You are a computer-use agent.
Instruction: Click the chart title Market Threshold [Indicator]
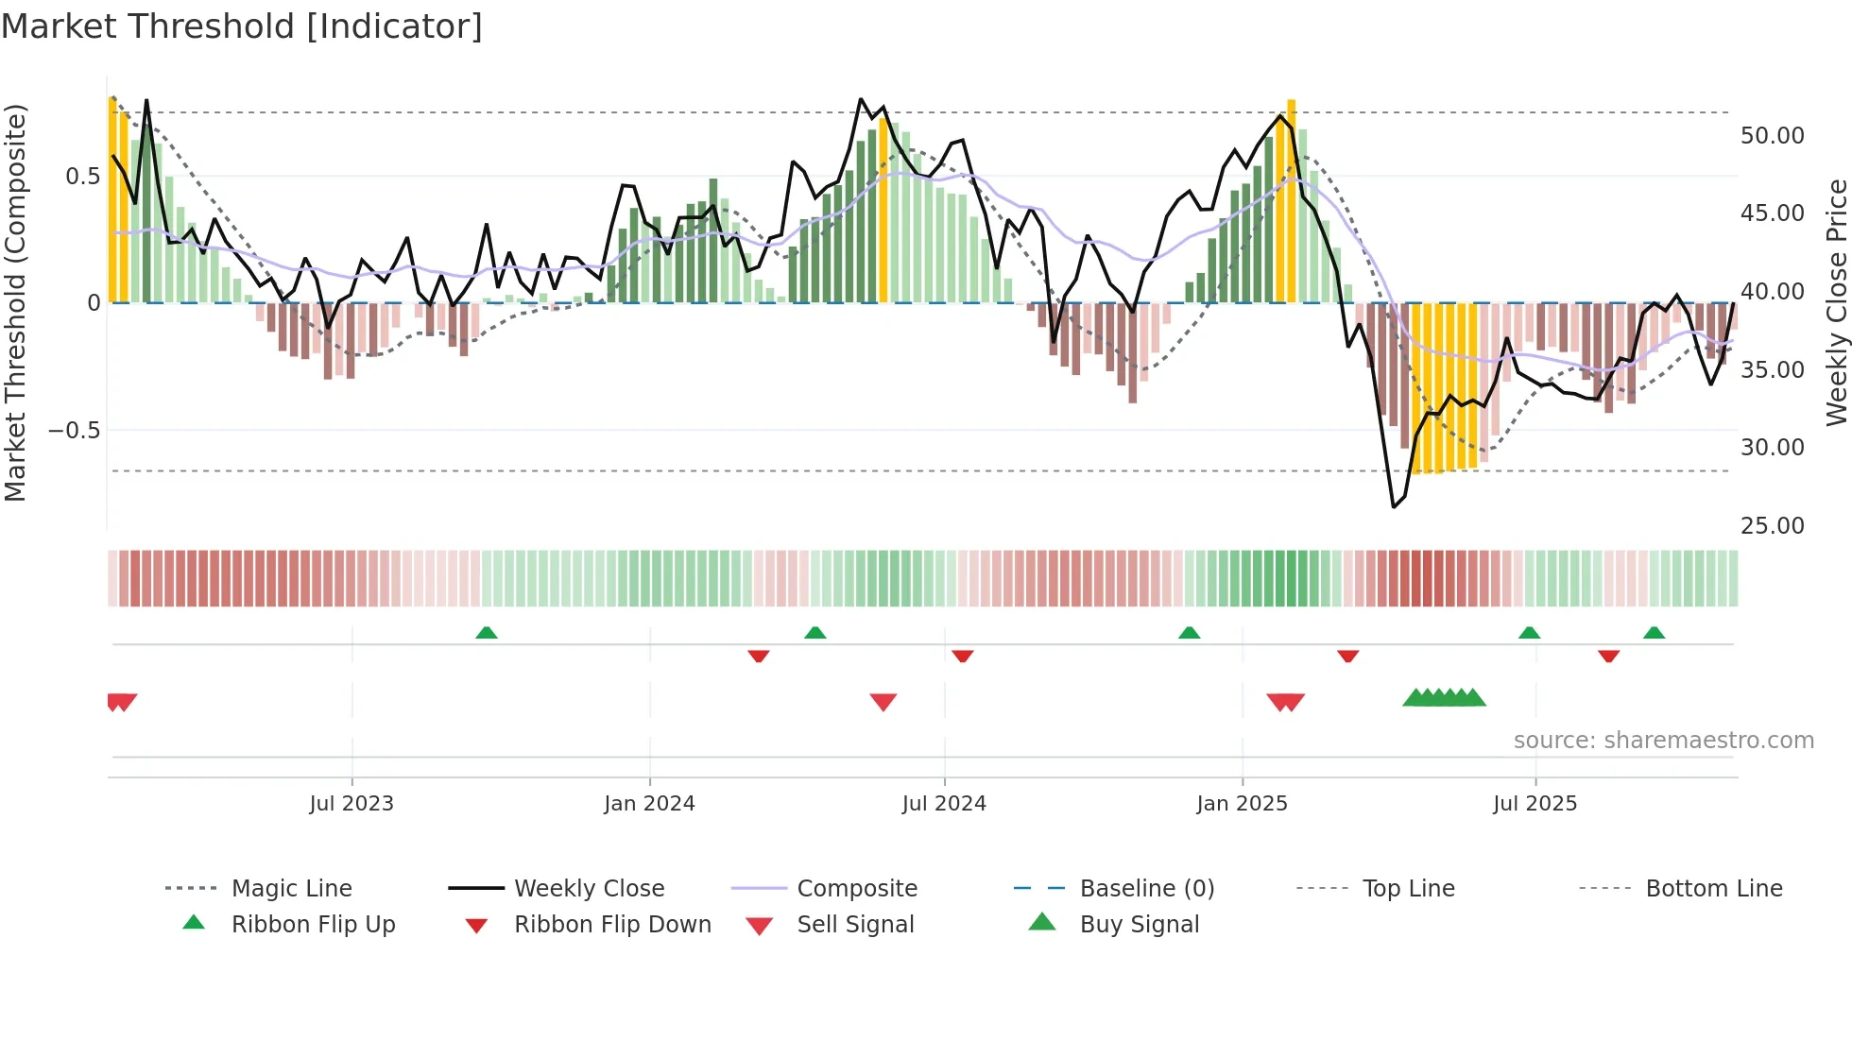point(242,26)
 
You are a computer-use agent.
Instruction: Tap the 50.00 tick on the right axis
point(1772,136)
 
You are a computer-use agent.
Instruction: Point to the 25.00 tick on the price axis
point(1772,526)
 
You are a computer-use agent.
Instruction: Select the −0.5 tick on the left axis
point(74,431)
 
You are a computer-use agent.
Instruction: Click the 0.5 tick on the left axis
point(82,177)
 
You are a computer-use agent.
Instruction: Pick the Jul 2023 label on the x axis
point(352,804)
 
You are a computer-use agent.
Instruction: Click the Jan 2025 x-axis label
point(1242,804)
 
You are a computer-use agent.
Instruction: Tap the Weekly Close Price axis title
point(1836,302)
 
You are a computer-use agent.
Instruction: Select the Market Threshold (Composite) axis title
point(16,302)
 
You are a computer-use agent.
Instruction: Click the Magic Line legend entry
point(291,889)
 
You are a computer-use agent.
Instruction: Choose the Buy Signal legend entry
point(1139,925)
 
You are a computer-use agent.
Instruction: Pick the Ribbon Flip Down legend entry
point(611,925)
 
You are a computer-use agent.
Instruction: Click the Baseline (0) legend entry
point(1146,889)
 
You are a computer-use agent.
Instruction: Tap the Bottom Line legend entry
point(1713,889)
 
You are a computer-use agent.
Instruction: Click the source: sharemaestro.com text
point(1663,741)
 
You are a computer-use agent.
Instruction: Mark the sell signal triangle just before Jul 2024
point(883,702)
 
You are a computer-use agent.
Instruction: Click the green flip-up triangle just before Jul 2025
point(1529,633)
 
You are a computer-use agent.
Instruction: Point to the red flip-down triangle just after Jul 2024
point(963,656)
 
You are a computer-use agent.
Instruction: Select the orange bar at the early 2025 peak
point(1291,200)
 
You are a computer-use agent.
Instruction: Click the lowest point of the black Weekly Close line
point(1394,506)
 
